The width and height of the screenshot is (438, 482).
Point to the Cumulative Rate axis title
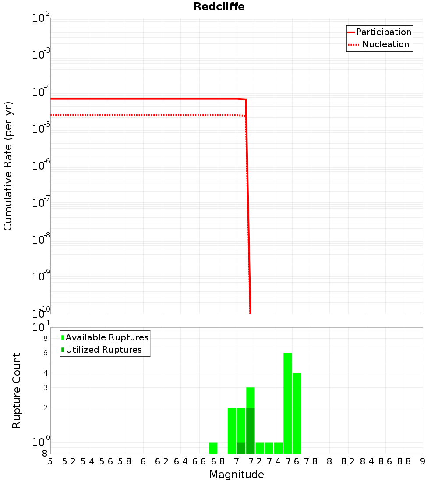[8, 166]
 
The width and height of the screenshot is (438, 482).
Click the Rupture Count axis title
[17, 390]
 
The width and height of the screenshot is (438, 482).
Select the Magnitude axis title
[237, 475]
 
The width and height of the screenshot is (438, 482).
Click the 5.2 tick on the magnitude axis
[69, 461]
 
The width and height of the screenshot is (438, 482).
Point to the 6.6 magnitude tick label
[199, 461]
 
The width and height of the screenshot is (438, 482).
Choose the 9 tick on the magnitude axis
[423, 461]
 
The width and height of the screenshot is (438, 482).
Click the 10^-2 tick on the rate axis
[41, 18]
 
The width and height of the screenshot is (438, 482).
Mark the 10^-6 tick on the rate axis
[41, 166]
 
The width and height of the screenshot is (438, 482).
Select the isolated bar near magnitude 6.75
[213, 448]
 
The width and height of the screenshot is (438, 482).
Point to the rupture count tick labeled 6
[45, 353]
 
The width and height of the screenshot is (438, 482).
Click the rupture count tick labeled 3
[45, 387]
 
